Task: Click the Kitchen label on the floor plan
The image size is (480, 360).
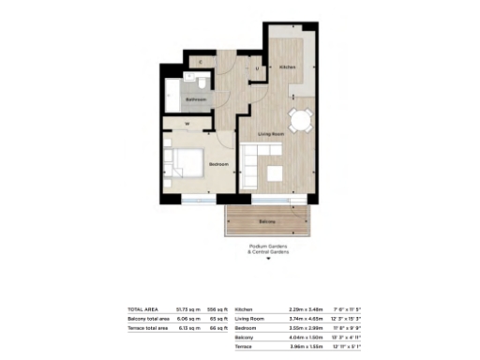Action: pyautogui.click(x=290, y=67)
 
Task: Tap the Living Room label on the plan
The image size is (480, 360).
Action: pyautogui.click(x=271, y=136)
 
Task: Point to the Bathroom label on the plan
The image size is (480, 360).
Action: pyautogui.click(x=195, y=97)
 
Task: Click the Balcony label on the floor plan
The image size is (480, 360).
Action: pyautogui.click(x=267, y=220)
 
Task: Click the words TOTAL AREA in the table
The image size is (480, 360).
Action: pyautogui.click(x=142, y=308)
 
